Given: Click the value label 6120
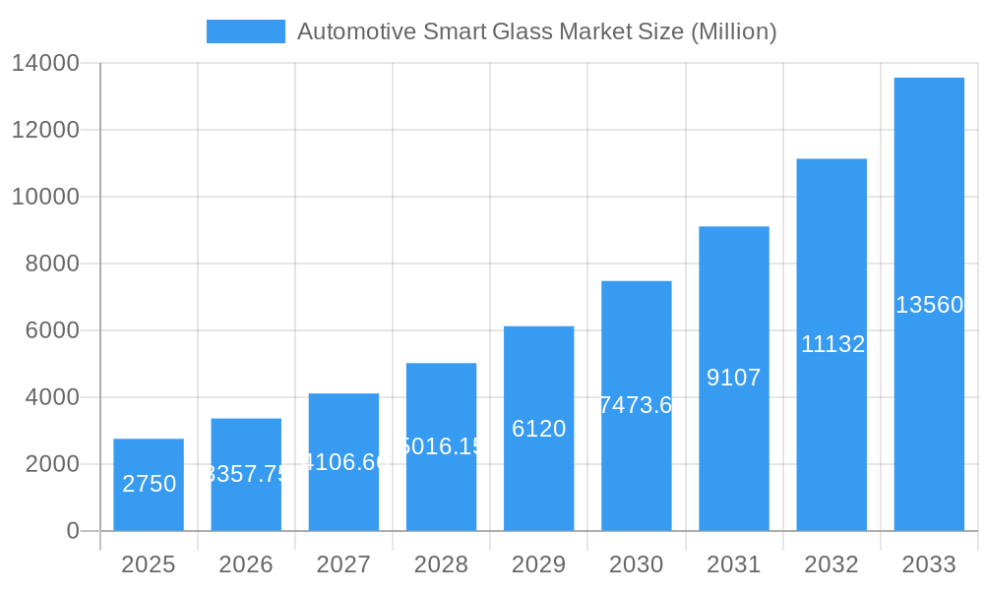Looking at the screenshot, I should point(538,429).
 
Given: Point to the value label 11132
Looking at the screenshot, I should point(832,344).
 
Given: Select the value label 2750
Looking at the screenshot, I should point(149,484).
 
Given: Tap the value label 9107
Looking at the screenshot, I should point(734,378).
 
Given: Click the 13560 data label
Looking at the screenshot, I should point(929,305).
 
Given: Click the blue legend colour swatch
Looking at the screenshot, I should point(245,31).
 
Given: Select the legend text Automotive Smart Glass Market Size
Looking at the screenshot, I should point(536,31).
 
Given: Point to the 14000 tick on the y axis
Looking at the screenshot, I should point(45,64).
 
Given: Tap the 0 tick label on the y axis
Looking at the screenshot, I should point(72,531).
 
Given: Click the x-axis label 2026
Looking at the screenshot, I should point(246,564).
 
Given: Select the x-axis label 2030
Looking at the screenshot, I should point(636,564).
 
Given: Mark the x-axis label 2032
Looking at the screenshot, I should point(831,564).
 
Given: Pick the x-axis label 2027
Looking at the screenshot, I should point(343,564).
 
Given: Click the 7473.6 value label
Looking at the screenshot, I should point(636,405).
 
